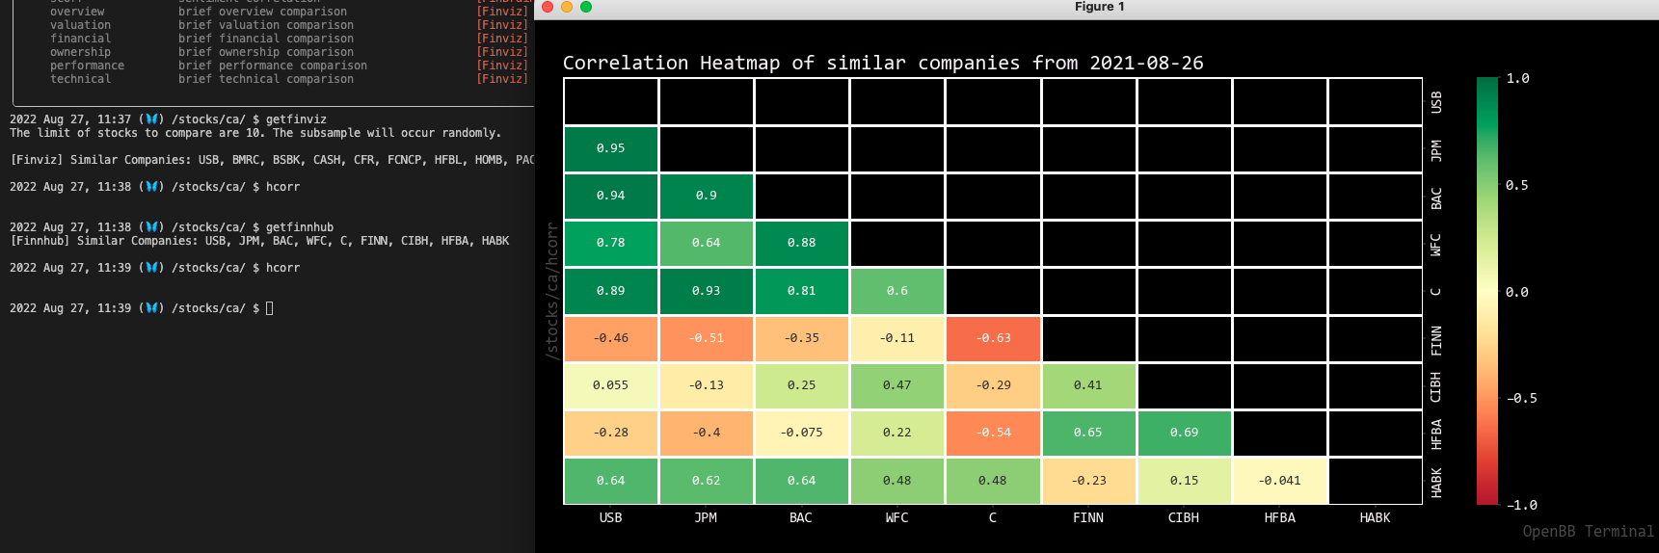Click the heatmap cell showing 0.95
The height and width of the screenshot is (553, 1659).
610,148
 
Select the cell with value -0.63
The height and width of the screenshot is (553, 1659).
993,338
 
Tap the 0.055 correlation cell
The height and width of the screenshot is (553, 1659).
610,385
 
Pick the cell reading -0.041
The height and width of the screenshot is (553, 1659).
1279,481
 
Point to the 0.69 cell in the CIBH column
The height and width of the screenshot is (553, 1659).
1184,433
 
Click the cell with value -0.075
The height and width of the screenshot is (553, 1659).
801,433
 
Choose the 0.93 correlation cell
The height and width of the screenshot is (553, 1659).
706,291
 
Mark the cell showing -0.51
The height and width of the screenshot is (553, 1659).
706,338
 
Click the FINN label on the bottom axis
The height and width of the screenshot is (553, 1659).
1088,518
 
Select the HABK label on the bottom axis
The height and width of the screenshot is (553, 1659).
1375,518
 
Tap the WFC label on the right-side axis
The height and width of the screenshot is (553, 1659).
1436,245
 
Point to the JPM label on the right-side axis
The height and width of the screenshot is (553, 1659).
1436,150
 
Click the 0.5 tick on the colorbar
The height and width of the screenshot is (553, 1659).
1516,185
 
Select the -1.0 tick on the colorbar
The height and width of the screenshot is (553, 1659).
1521,505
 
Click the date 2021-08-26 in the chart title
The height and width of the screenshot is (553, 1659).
1146,64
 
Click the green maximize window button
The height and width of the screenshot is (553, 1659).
586,7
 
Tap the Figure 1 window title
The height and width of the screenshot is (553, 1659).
1099,7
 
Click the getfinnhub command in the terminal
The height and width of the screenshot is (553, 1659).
300,227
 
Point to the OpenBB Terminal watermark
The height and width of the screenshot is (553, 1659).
1588,532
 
